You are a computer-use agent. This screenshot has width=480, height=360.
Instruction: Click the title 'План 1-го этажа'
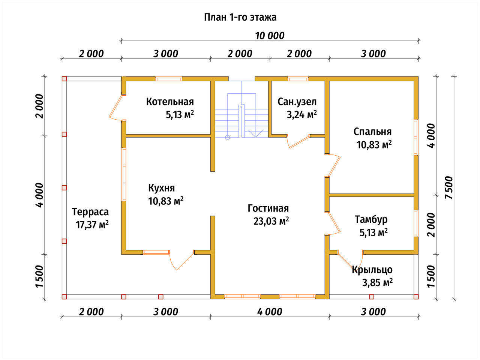coord(240,17)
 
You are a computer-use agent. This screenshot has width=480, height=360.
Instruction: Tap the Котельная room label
coord(170,102)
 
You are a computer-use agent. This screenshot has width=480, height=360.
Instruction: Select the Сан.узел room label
coord(297,102)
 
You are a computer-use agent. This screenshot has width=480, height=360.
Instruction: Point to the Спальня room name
coord(372,132)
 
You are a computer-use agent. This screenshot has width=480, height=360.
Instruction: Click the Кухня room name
coord(161,188)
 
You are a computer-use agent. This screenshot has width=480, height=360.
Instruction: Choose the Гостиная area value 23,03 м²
coord(271,221)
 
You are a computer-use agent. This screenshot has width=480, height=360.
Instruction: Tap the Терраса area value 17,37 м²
coord(92,225)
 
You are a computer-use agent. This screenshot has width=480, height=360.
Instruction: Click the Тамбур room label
coord(371,219)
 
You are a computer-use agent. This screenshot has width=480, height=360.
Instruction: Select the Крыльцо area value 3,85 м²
coord(377,283)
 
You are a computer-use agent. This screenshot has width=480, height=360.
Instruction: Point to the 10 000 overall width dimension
coord(270,36)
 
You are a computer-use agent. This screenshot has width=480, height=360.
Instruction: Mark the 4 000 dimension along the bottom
coord(270,312)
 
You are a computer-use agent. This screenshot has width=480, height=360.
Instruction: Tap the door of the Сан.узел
coord(298,142)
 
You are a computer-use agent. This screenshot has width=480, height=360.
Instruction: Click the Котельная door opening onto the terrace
coord(116,108)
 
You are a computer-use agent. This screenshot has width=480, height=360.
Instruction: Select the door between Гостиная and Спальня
coord(333,165)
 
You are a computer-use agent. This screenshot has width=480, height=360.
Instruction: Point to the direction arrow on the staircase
coord(256,133)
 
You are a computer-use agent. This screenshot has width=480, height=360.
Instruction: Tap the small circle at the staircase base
coord(227,137)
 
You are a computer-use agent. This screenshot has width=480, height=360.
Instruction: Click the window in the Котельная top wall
coord(169,79)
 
